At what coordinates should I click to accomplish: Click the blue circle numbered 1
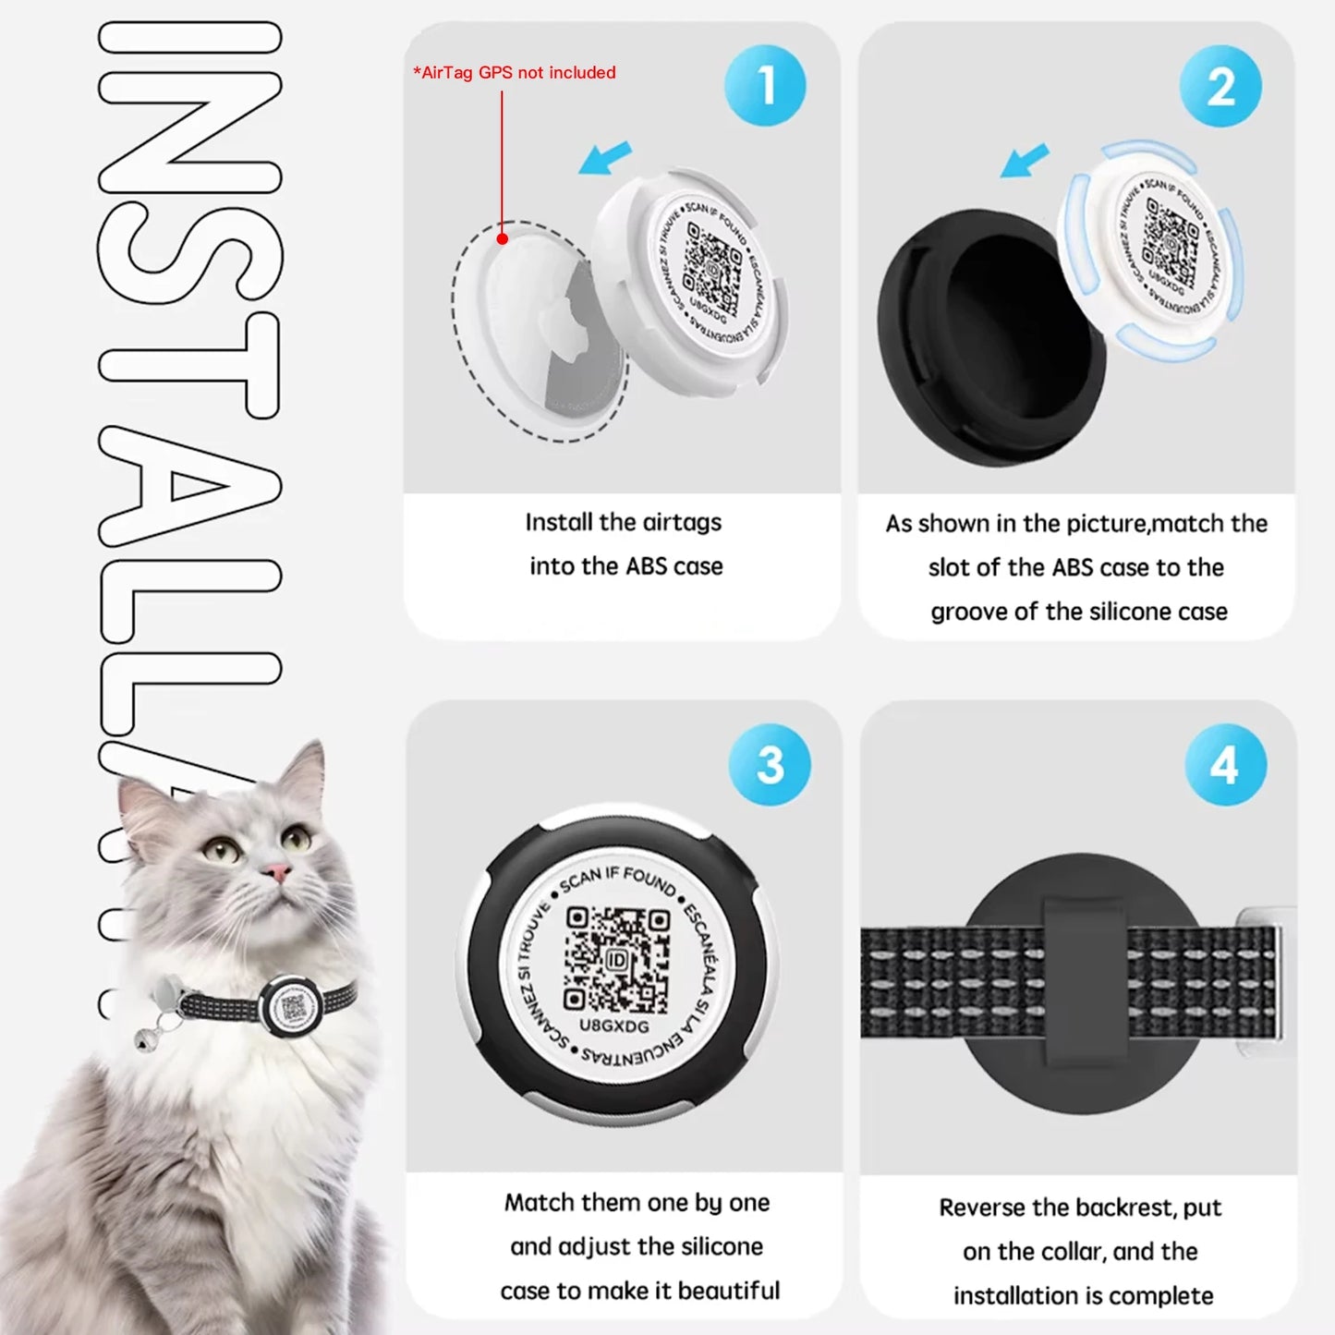765,85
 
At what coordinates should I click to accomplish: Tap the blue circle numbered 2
1220,86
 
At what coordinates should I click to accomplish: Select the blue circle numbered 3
770,764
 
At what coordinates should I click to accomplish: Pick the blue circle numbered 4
1225,764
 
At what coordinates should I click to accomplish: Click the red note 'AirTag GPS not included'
515,73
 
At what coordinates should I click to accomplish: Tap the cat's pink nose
275,871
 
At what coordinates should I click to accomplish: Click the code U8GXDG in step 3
614,1026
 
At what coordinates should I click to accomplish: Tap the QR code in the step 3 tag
616,960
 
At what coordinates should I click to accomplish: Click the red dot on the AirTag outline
503,238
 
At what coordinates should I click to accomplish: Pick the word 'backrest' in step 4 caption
1121,1208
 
